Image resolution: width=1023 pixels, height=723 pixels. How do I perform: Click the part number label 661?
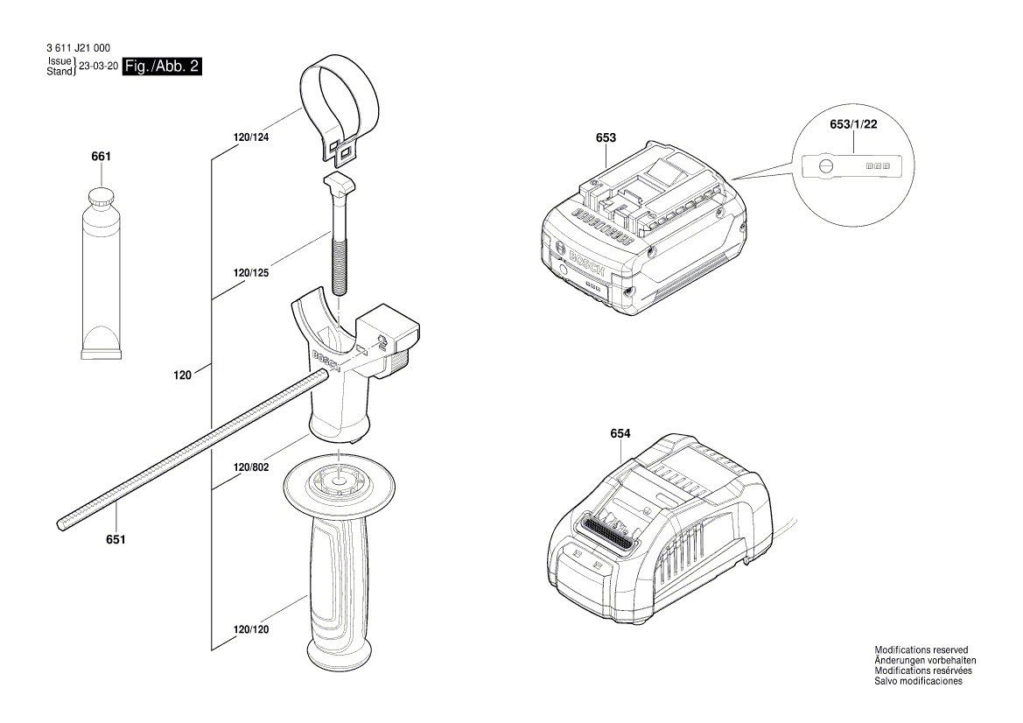(102, 157)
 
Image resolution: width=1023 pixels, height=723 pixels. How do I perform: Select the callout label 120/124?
(251, 137)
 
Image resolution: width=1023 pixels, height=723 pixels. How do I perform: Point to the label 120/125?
(251, 273)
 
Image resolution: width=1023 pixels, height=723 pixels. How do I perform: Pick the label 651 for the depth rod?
(116, 539)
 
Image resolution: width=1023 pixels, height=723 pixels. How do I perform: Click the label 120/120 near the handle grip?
(251, 629)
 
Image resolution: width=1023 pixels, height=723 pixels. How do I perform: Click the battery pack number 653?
(606, 137)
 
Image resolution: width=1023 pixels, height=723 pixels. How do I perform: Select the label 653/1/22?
(852, 125)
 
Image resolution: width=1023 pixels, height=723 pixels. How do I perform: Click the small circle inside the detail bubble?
(824, 165)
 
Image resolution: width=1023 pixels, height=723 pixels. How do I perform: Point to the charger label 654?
(620, 434)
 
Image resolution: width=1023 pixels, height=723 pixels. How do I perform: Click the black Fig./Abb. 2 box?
(163, 67)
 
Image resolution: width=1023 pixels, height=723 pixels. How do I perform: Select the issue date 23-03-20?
(98, 67)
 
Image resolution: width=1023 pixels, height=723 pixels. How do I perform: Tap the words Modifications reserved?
(921, 650)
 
